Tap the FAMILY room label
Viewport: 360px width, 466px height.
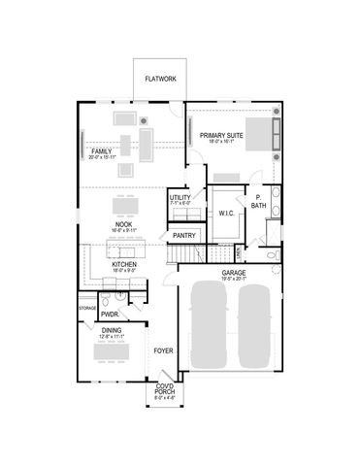pyautogui.click(x=100, y=152)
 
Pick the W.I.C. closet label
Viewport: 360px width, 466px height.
pyautogui.click(x=228, y=212)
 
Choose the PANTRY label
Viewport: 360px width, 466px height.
pyautogui.click(x=183, y=235)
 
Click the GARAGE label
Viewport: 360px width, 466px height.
pyautogui.click(x=233, y=273)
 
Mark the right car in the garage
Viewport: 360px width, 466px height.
pyautogui.click(x=255, y=325)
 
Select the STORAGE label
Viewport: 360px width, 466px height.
pyautogui.click(x=85, y=308)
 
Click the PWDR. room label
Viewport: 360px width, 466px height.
pyautogui.click(x=109, y=315)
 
